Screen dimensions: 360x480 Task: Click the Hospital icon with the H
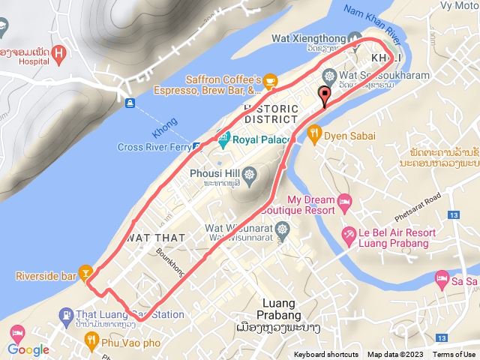pos(61,53)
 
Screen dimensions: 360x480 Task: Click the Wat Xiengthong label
pos(307,39)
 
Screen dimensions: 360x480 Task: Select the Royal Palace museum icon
pos(223,139)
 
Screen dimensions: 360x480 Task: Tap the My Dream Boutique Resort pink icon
pos(344,201)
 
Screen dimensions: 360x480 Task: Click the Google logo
pos(28,349)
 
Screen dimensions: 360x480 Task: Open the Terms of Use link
pos(454,355)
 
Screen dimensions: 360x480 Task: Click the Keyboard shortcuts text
pos(326,355)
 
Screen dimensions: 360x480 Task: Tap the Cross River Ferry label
pos(154,148)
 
